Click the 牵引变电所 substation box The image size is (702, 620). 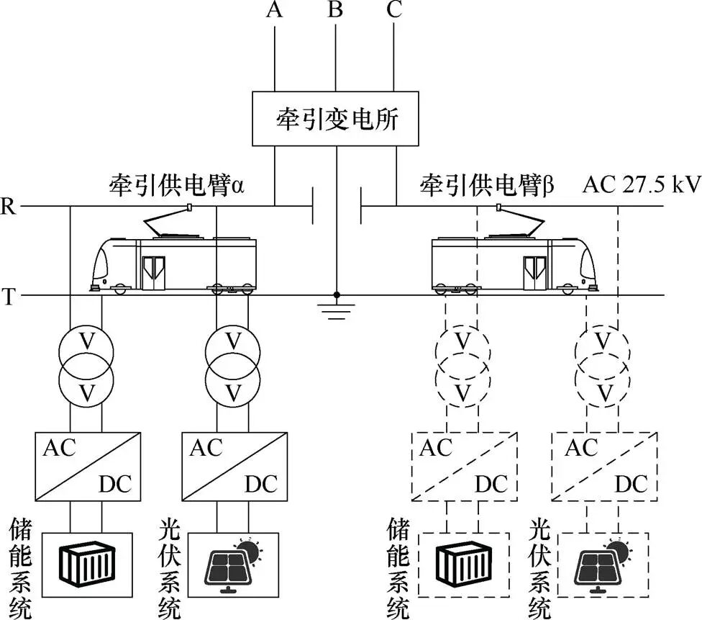click(x=335, y=118)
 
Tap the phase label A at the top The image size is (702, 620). click(x=275, y=10)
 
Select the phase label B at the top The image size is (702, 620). click(x=335, y=10)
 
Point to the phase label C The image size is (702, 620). click(x=394, y=10)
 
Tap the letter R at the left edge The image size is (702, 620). click(x=9, y=207)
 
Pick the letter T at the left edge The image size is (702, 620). click(x=9, y=296)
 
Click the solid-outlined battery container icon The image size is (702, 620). click(x=87, y=565)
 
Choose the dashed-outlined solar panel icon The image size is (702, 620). click(x=603, y=565)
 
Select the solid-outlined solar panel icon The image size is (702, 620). click(x=233, y=565)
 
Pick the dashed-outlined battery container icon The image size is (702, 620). click(x=463, y=565)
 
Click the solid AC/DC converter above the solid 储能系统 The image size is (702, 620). click(x=87, y=466)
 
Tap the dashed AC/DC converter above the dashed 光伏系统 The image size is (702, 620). click(x=603, y=466)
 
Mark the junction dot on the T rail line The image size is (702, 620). click(x=336, y=295)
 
